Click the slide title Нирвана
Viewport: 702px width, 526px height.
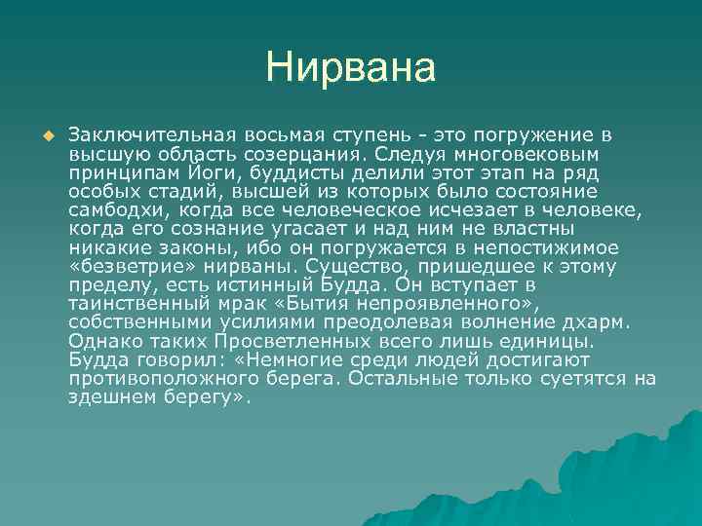point(350,68)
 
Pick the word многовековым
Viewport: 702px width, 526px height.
point(533,152)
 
